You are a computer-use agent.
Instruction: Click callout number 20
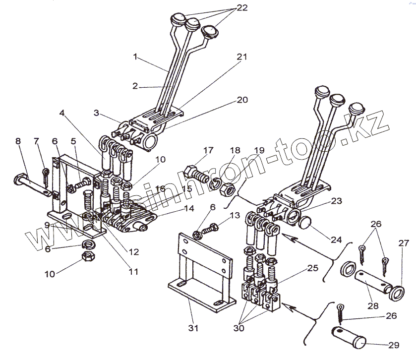pyautogui.click(x=242, y=100)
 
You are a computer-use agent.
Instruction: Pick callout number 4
pyautogui.click(x=61, y=113)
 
